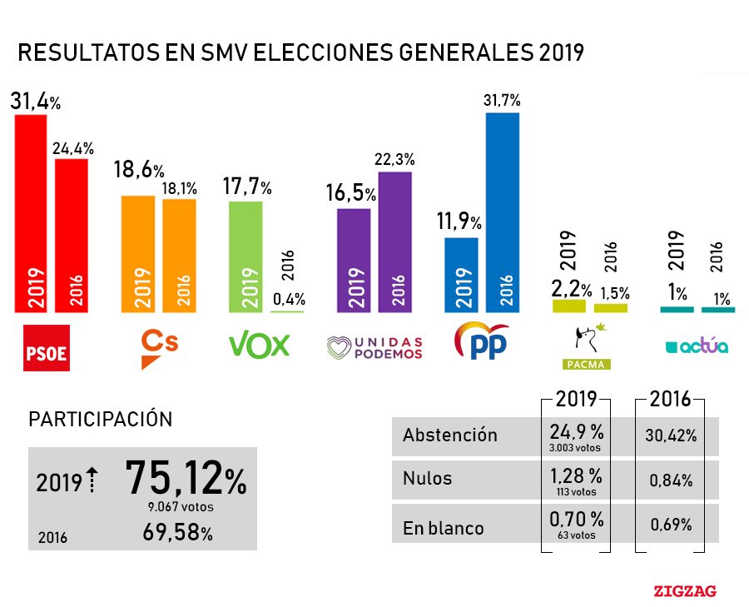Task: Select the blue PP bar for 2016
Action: [x=503, y=212]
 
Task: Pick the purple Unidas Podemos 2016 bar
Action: [x=395, y=241]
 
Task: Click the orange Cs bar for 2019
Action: [x=138, y=254]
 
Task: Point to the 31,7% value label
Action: [x=502, y=100]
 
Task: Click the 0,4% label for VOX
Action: [x=288, y=299]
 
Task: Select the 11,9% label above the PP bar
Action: [x=459, y=222]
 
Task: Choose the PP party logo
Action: [x=481, y=341]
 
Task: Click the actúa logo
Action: [x=697, y=346]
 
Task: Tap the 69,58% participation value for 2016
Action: [x=176, y=533]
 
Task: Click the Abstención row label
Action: [x=450, y=435]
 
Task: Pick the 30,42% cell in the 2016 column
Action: [x=670, y=435]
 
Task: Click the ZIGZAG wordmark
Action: [x=684, y=591]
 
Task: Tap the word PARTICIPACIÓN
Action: [x=101, y=419]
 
